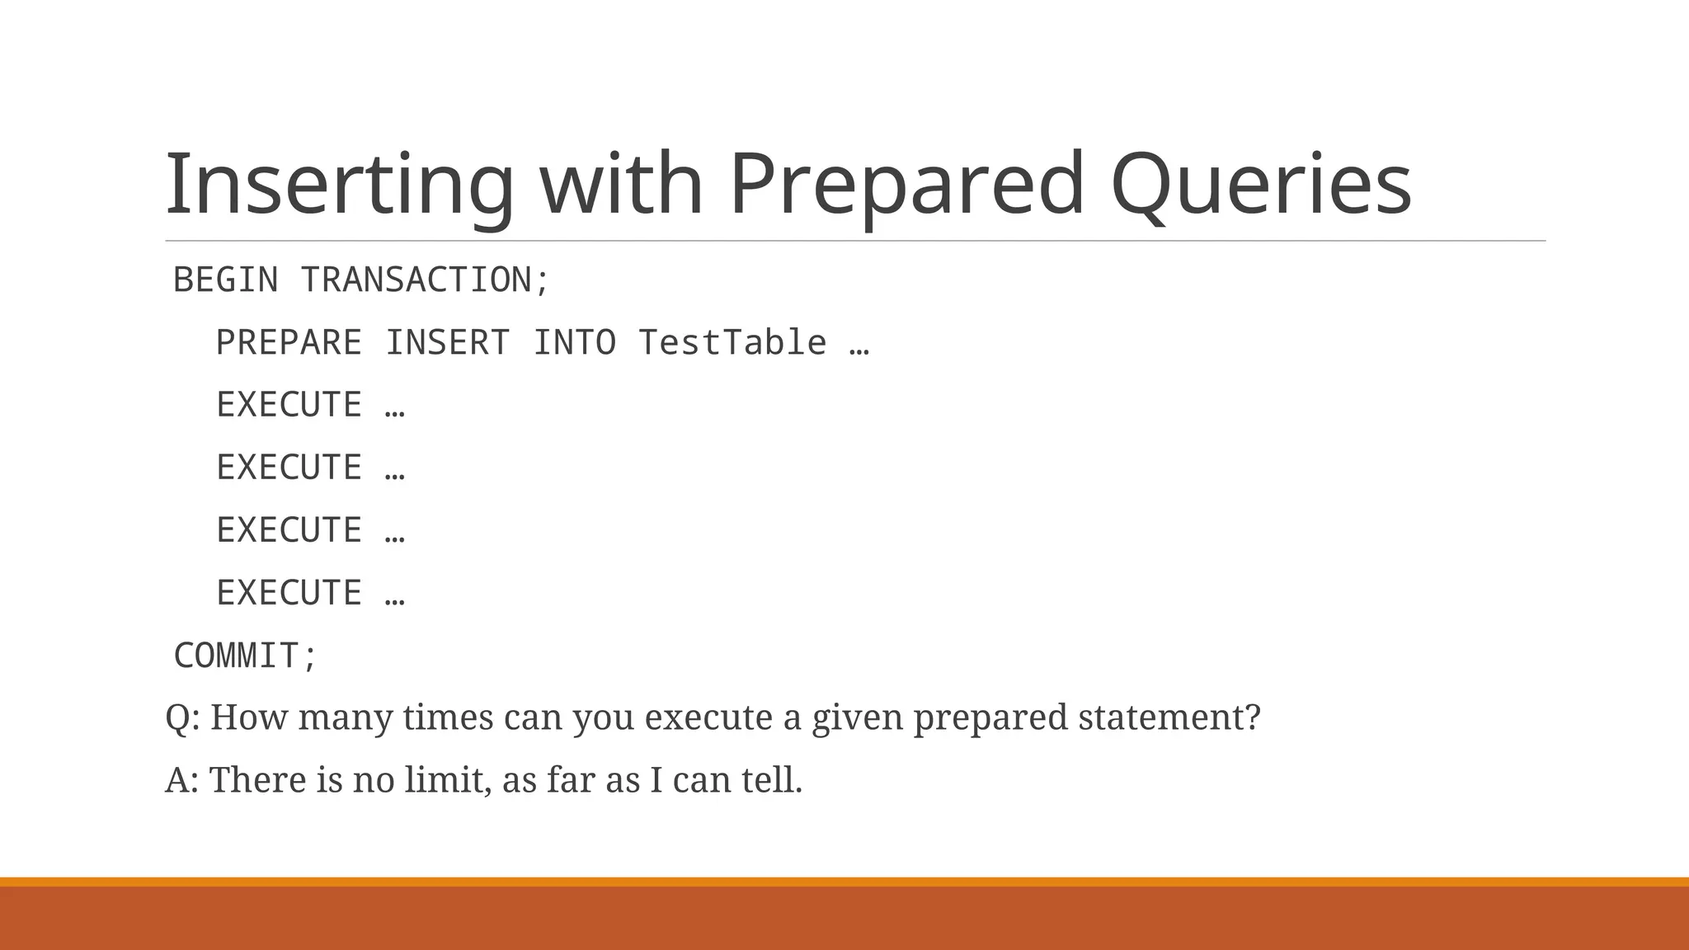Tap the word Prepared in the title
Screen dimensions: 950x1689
[x=906, y=185]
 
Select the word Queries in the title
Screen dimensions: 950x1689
[x=1261, y=185]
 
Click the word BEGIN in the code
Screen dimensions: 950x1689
[x=226, y=280]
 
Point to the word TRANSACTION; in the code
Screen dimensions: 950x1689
[x=425, y=280]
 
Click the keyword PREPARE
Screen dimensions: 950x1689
[x=289, y=343]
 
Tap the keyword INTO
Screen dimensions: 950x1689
[x=575, y=343]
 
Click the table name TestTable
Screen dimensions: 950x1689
[x=732, y=343]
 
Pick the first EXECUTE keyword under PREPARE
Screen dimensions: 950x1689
[x=289, y=406]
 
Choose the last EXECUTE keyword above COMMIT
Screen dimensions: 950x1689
[x=289, y=594]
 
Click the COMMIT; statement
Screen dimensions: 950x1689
[x=246, y=656]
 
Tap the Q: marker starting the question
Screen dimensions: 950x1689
[x=182, y=717]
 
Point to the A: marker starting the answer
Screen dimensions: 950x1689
[x=181, y=780]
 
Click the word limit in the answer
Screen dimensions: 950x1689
[x=446, y=780]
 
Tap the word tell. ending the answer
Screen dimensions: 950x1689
[x=771, y=780]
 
